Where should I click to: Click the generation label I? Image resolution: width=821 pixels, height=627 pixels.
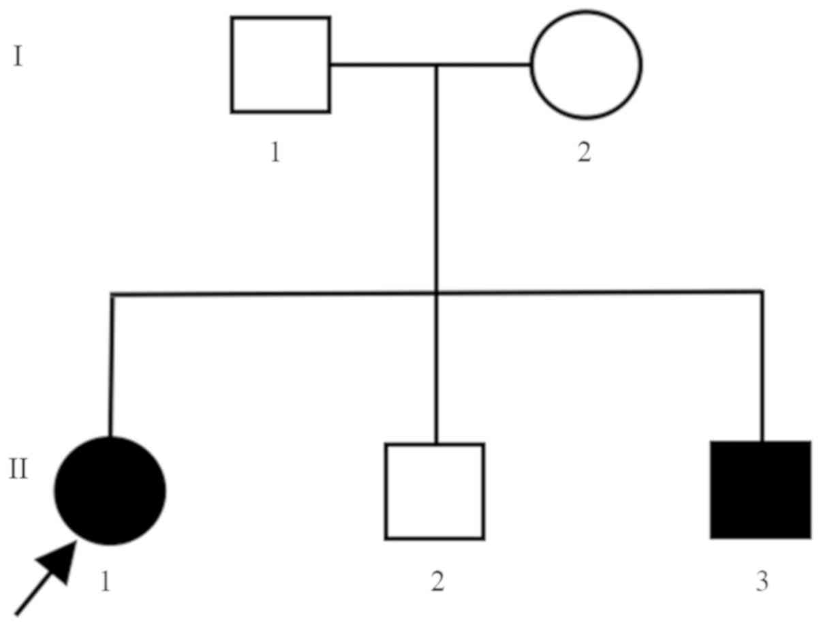tap(18, 57)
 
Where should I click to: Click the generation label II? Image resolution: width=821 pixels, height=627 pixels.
tap(19, 469)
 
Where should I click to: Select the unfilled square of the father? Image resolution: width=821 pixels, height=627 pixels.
tap(281, 65)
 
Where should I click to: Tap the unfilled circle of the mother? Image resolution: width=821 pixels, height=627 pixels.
tap(586, 65)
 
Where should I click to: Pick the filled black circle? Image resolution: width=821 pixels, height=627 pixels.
tap(110, 491)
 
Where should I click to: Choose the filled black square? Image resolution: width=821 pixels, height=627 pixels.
tap(760, 490)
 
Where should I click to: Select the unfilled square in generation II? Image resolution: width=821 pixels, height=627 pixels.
tap(435, 491)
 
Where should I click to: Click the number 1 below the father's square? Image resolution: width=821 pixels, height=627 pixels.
tap(275, 153)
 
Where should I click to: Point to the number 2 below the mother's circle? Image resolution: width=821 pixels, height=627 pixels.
tap(584, 153)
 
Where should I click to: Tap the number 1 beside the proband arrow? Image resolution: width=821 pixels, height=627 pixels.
tap(106, 581)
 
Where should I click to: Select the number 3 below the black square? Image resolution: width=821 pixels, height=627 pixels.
tap(762, 581)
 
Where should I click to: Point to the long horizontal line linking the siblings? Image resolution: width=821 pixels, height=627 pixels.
tap(273, 294)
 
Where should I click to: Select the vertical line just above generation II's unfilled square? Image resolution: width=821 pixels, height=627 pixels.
tap(437, 368)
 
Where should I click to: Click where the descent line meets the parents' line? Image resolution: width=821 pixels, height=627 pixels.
tap(437, 65)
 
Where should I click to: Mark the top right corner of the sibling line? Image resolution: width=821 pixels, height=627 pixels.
tap(761, 292)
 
